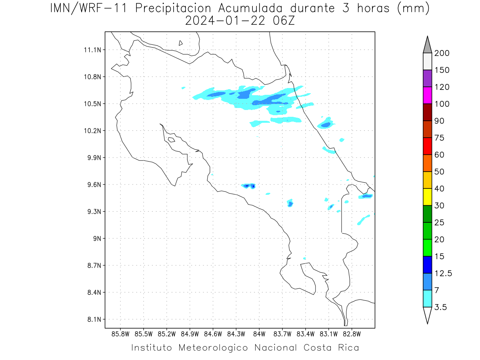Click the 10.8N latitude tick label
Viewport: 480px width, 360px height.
click(x=92, y=77)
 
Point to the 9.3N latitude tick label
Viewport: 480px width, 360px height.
click(x=94, y=212)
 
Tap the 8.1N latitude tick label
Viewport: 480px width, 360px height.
click(x=94, y=320)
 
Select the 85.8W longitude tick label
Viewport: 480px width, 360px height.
click(x=120, y=334)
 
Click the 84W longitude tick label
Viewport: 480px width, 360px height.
click(x=259, y=334)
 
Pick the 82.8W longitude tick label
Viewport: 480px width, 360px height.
click(x=352, y=334)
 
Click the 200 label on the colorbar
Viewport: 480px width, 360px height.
click(x=442, y=53)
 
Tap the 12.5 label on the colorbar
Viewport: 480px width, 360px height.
click(x=443, y=274)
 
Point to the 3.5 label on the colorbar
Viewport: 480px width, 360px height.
click(x=440, y=307)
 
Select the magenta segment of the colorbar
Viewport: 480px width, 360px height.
click(x=427, y=95)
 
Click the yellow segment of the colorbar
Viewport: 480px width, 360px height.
click(x=427, y=197)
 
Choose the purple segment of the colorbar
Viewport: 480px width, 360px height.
click(x=427, y=78)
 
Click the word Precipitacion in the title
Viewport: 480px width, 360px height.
click(x=173, y=8)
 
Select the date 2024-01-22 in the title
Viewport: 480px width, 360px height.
click(x=225, y=21)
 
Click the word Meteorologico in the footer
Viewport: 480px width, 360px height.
click(x=213, y=348)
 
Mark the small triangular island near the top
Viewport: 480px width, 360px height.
click(x=180, y=43)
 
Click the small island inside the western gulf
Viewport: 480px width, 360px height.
click(x=172, y=140)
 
